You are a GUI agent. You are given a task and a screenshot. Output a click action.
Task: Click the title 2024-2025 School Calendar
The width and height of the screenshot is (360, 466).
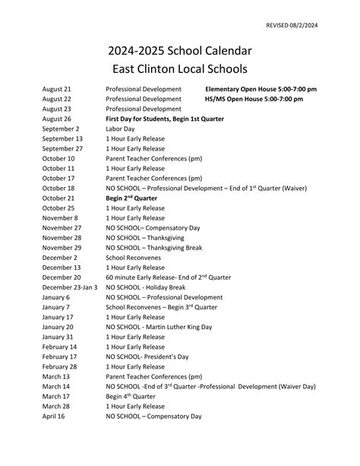(179, 51)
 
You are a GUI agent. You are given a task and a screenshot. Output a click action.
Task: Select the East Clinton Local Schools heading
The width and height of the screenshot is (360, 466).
(179, 69)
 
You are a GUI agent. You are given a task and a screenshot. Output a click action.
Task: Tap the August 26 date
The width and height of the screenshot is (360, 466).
(57, 119)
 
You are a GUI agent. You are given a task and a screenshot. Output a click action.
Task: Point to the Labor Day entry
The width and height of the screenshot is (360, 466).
(120, 129)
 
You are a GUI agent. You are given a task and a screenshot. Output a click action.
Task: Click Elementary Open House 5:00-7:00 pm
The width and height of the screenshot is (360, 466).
(261, 90)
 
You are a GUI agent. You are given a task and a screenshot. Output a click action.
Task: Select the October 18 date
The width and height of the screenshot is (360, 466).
(58, 188)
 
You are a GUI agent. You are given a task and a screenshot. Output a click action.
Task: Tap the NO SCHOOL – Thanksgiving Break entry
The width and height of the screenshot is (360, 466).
(154, 247)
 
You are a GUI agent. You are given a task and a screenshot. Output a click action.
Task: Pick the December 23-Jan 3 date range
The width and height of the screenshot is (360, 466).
(70, 287)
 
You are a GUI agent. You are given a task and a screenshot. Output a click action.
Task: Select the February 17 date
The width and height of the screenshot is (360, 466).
(59, 357)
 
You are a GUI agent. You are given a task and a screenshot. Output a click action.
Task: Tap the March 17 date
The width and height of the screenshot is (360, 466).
(55, 396)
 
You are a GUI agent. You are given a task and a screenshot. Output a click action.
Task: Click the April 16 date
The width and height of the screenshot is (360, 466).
(54, 416)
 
